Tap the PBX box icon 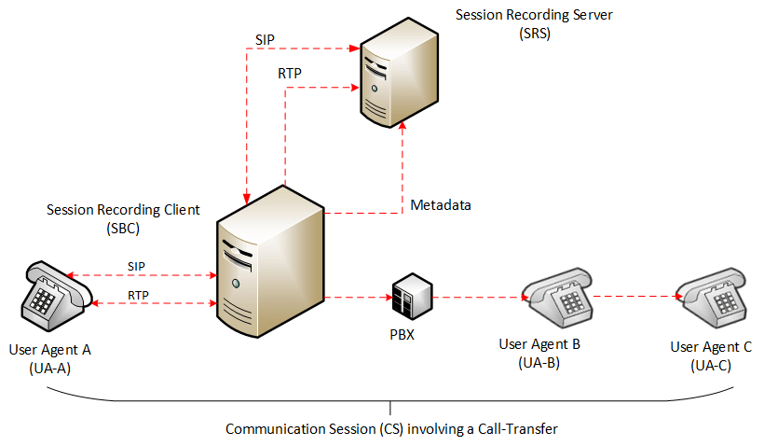point(410,297)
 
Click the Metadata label point(440,204)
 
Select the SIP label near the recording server point(265,39)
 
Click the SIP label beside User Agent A point(137,265)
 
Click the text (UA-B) point(538,362)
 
